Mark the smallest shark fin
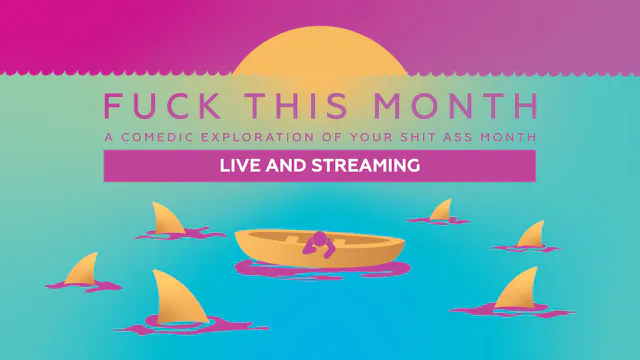click(441, 210)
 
